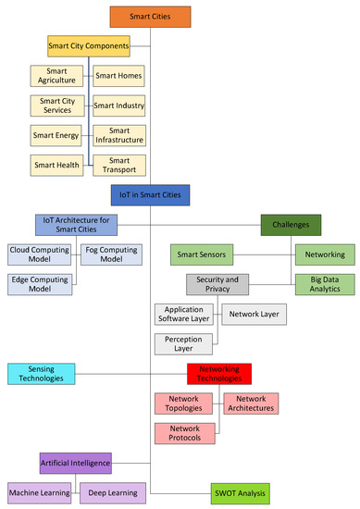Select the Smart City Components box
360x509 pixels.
89,44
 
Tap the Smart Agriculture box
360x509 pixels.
56,76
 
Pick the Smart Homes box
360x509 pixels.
118,76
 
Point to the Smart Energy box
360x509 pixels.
56,136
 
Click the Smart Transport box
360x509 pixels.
118,166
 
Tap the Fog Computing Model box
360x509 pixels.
110,254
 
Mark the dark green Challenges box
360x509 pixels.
291,224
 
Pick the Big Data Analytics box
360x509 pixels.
323,284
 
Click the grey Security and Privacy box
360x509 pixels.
218,284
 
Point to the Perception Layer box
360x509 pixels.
183,344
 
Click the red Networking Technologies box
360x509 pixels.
218,374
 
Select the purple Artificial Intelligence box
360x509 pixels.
76,463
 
